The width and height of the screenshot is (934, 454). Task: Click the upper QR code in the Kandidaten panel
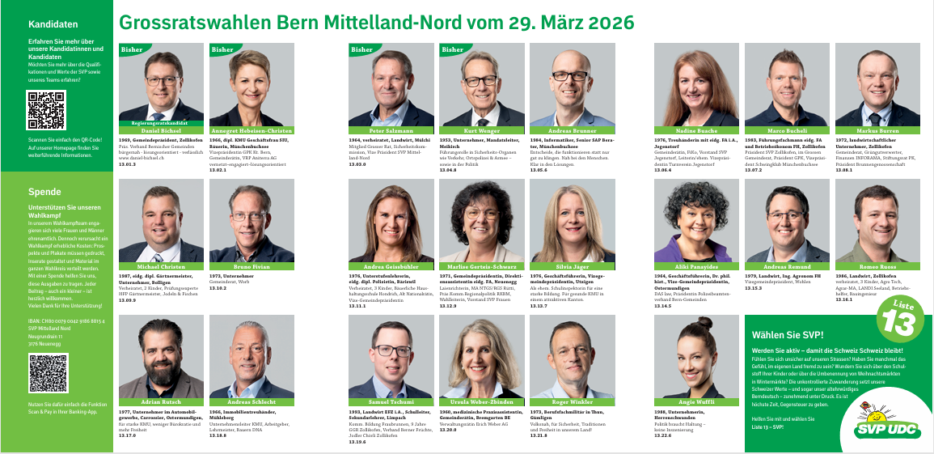pos(46,111)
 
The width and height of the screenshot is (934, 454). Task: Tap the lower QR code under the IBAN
pos(47,373)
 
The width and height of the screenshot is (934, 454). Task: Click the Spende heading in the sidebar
pos(44,192)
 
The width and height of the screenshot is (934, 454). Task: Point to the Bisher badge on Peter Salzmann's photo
pos(363,49)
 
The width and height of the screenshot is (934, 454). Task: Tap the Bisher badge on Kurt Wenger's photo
pos(454,49)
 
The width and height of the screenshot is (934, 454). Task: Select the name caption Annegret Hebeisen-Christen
pos(251,129)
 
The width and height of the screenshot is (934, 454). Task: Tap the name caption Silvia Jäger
pos(572,265)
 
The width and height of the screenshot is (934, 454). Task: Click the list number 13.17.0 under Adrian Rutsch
pos(128,435)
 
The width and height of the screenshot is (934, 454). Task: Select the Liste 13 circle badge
pos(898,322)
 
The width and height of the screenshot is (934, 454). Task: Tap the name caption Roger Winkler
pos(572,401)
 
